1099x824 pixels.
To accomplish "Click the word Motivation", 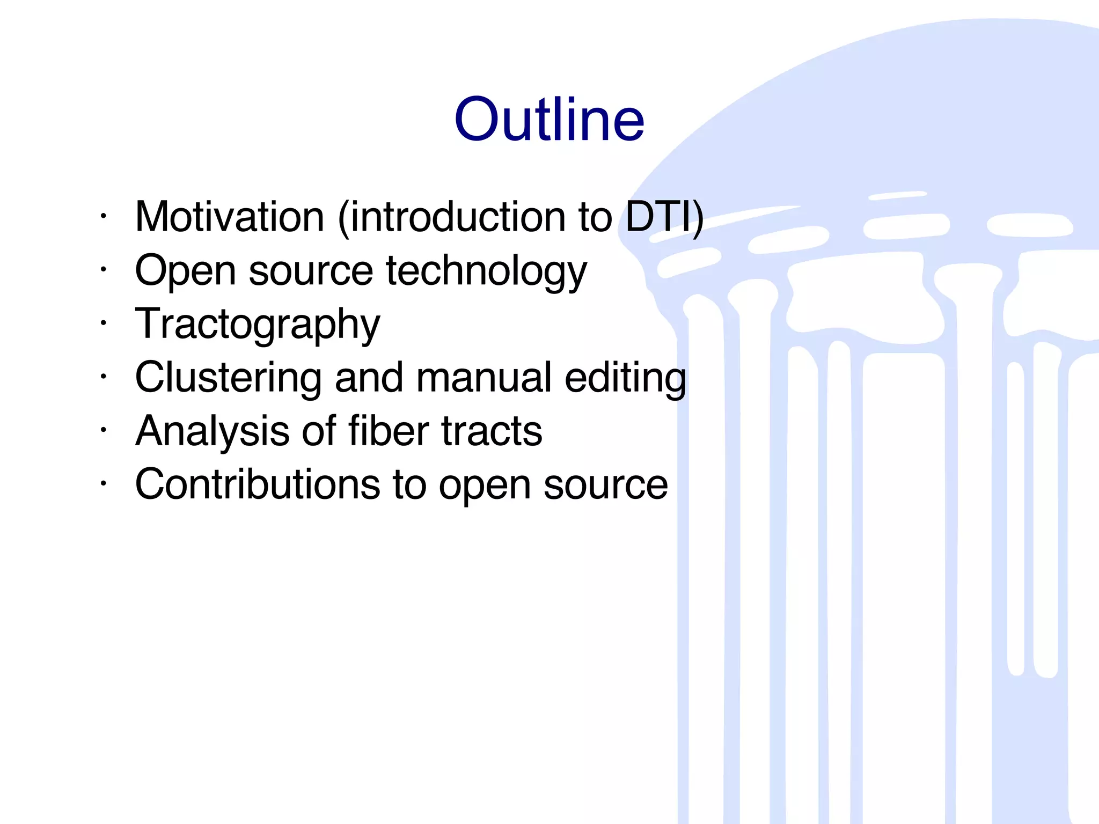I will click(x=230, y=217).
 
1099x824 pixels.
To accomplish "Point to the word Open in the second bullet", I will click(x=185, y=271).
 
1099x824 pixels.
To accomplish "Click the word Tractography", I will click(x=258, y=325).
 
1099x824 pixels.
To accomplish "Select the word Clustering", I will click(x=229, y=378).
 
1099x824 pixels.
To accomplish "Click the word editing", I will click(x=625, y=379).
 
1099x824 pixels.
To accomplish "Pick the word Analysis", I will click(x=213, y=431).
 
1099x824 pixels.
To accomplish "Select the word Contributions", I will click(x=258, y=485).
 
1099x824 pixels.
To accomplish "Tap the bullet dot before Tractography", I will click(x=104, y=323).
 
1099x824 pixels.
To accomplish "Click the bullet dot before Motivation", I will click(x=104, y=216).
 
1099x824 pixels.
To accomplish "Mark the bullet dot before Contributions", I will click(x=104, y=484).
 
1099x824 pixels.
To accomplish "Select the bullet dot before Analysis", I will click(x=104, y=430).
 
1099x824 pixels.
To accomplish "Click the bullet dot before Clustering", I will click(x=104, y=377).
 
